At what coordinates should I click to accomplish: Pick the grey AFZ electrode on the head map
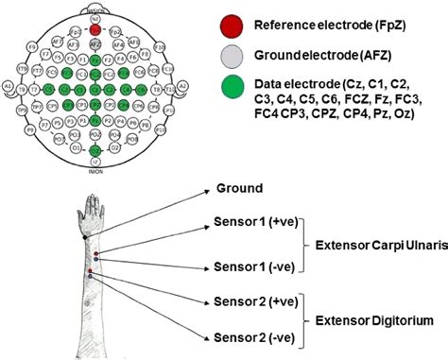95,43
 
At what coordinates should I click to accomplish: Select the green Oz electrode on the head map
95,149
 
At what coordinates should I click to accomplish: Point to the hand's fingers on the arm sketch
92,204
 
